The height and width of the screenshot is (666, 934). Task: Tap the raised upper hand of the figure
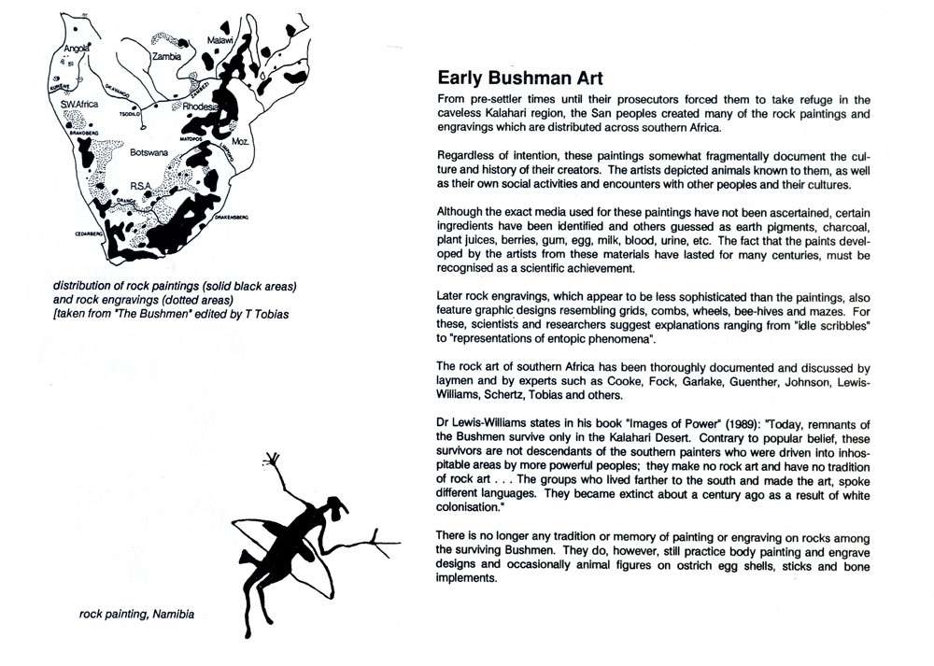click(275, 459)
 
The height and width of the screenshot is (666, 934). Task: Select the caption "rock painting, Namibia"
click(137, 615)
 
